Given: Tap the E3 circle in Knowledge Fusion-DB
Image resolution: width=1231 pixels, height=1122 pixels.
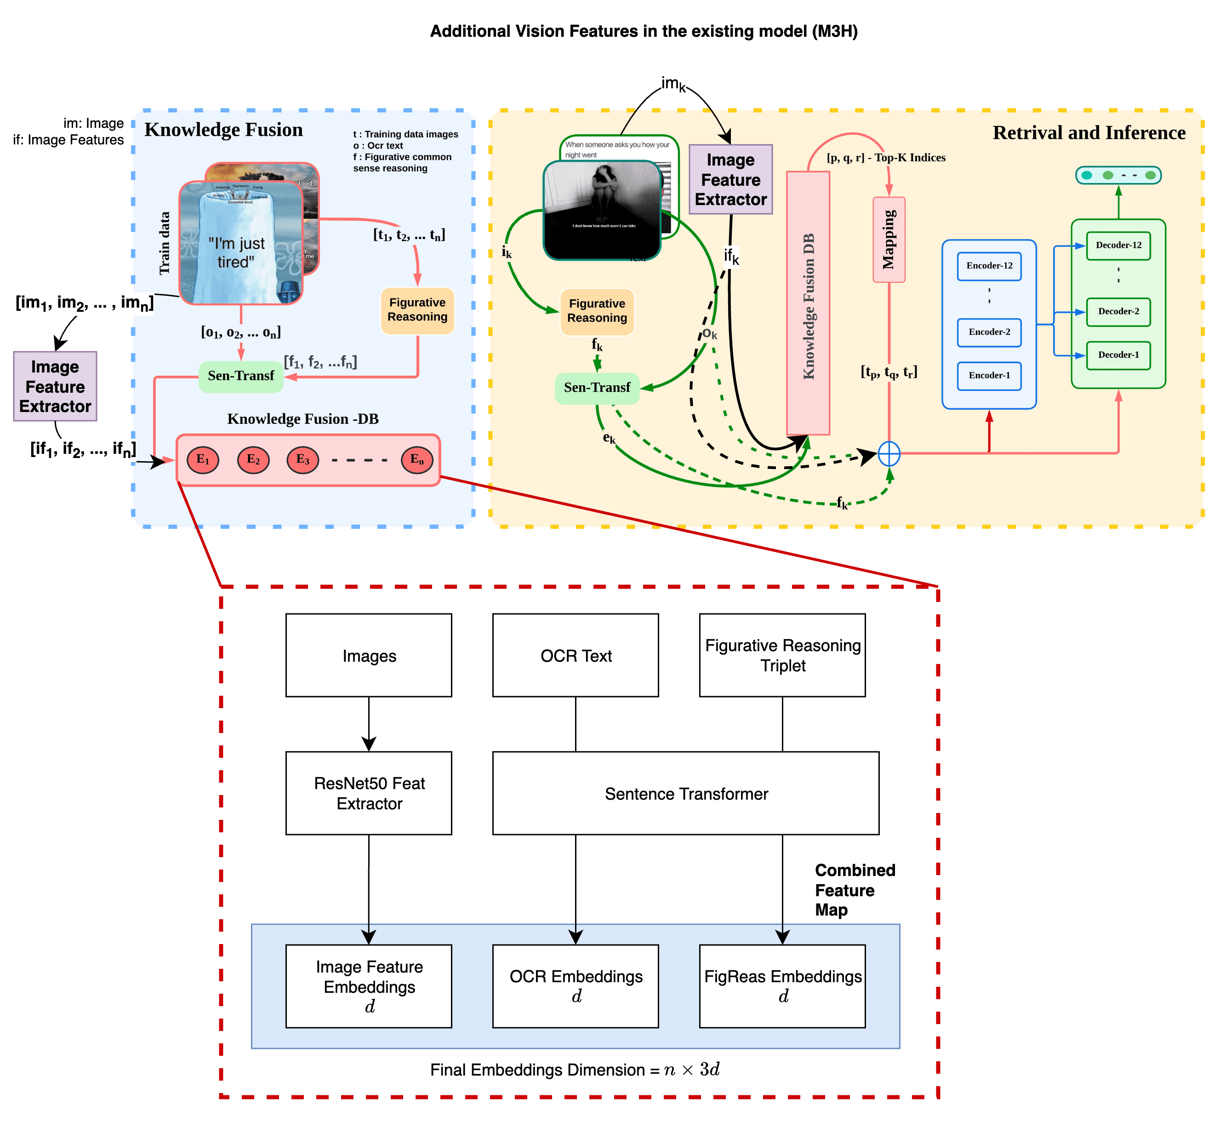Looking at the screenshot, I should click(x=302, y=460).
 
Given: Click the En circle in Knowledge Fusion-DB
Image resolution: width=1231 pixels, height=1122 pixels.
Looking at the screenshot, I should click(x=416, y=460).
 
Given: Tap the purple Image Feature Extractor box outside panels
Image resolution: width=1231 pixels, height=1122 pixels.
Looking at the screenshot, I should click(x=55, y=386).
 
